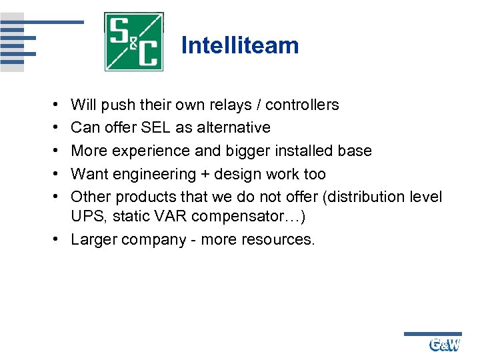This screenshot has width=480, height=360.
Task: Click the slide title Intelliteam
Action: pyautogui.click(x=240, y=45)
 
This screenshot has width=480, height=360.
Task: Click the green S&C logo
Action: pyautogui.click(x=134, y=41)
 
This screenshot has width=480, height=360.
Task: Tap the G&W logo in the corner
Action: pyautogui.click(x=445, y=345)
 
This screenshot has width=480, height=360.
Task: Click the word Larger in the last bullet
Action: pyautogui.click(x=94, y=240)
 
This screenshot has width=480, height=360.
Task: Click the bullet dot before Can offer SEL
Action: pyautogui.click(x=52, y=127)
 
